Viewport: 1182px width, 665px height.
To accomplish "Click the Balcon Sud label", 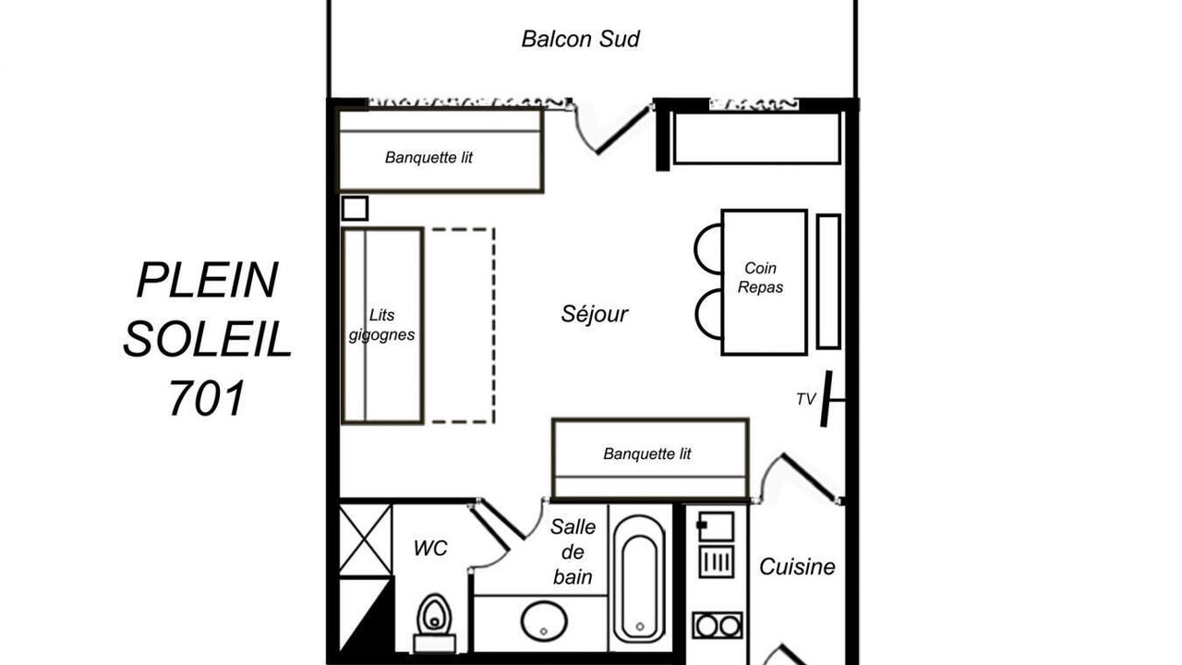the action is [581, 39].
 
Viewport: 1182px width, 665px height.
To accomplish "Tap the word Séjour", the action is [594, 314].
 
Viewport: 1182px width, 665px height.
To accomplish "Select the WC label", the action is [430, 549].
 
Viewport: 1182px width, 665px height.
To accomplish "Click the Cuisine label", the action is [797, 567].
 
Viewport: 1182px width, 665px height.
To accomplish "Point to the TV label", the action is [806, 399].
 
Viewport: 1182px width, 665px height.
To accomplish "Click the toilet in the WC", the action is [435, 623].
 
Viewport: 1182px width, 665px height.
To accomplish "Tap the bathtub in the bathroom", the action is [640, 577].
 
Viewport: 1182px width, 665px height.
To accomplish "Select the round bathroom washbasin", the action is [544, 621].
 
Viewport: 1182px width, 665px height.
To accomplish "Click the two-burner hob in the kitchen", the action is [718, 626].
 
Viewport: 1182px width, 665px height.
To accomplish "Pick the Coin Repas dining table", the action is [764, 282].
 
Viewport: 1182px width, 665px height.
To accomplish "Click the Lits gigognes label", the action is [381, 324].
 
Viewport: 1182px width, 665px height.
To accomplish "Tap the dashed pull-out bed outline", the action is [463, 326].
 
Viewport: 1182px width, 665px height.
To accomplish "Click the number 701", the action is [207, 397].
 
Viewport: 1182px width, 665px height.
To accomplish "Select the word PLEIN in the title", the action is [207, 280].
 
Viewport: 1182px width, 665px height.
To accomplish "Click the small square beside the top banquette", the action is [355, 209].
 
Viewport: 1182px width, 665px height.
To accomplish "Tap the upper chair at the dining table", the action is [708, 249].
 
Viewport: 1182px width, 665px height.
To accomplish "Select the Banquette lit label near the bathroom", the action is [647, 453].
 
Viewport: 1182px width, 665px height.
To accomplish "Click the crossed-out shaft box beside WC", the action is [365, 539].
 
